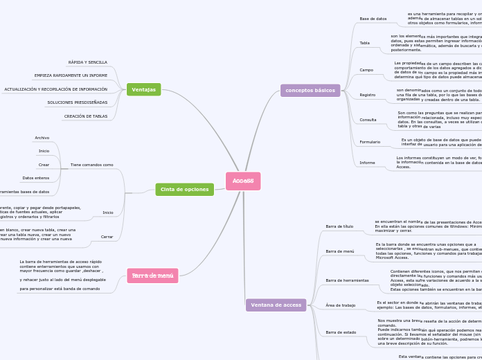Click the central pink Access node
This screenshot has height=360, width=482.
(x=243, y=181)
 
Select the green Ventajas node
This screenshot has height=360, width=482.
(x=143, y=89)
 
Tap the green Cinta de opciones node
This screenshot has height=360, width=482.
(x=184, y=189)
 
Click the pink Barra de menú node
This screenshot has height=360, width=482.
(x=152, y=276)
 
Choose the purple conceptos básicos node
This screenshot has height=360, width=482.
(x=310, y=91)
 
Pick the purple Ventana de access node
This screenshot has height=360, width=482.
(x=276, y=305)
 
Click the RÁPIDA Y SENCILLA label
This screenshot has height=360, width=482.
(x=88, y=62)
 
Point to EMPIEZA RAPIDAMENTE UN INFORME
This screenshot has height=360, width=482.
(x=71, y=75)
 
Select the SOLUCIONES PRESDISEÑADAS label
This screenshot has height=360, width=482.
(x=78, y=102)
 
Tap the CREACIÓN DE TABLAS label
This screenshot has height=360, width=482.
(x=86, y=116)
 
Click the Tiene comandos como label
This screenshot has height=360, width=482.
(x=91, y=165)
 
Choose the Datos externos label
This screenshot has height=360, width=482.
(x=36, y=178)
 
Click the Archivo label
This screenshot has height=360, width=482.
(x=42, y=138)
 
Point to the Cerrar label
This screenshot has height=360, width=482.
(x=107, y=237)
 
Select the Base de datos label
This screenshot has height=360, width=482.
(x=373, y=19)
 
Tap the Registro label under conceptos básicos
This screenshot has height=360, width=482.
(x=368, y=95)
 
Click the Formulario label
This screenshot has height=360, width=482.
(x=370, y=142)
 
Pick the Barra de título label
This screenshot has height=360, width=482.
(x=339, y=226)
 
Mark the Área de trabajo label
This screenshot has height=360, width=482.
(x=341, y=305)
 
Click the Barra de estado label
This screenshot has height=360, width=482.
(x=341, y=332)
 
